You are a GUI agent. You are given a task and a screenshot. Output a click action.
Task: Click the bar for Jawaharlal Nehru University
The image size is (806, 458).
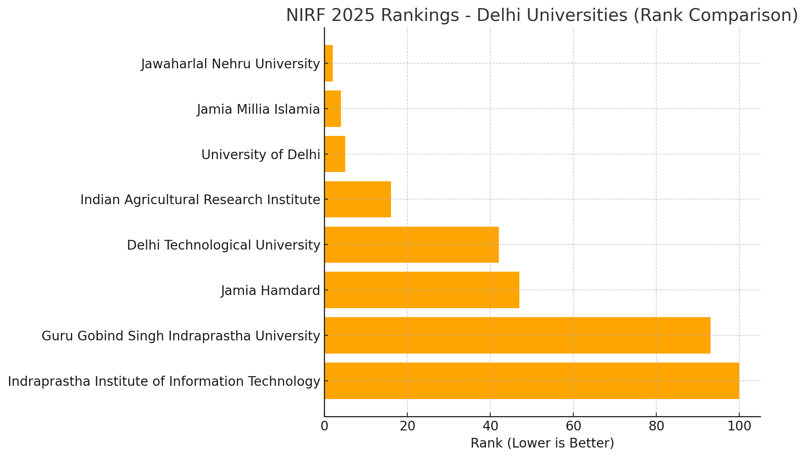[329, 63]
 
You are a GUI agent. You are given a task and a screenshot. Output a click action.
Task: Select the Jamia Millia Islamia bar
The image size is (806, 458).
[333, 109]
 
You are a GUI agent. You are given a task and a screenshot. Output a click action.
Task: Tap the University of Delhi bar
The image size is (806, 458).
[335, 154]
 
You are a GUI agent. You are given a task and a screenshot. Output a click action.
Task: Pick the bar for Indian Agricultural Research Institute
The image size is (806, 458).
[358, 199]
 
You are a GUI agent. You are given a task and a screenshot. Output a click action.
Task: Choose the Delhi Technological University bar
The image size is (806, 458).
[412, 245]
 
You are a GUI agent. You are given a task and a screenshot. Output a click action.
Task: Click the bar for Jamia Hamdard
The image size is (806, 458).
[422, 290]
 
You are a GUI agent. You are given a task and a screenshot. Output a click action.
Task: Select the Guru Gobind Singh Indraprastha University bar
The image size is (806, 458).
[517, 335]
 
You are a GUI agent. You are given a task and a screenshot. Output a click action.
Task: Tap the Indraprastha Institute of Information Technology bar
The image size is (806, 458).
[532, 381]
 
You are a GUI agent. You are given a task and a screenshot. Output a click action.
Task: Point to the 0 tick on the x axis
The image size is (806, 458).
[324, 426]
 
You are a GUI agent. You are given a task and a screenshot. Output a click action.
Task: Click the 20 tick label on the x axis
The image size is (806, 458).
[407, 426]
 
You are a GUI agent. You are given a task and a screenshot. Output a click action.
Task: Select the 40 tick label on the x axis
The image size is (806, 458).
[490, 426]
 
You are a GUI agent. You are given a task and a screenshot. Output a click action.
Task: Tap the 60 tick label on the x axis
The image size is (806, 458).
[573, 426]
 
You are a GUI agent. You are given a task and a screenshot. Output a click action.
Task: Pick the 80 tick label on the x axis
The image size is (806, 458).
[656, 426]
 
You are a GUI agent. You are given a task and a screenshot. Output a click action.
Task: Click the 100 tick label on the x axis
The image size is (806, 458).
[739, 426]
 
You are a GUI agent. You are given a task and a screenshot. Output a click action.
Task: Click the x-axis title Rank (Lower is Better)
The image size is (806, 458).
[542, 443]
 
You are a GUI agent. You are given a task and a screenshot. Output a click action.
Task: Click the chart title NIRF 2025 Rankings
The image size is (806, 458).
[542, 16]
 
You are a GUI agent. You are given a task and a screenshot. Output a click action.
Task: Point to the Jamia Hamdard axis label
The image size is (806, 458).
[271, 290]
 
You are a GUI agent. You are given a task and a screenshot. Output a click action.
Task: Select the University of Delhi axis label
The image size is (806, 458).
[261, 154]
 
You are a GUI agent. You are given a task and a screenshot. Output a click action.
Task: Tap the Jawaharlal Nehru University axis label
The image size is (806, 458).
[230, 64]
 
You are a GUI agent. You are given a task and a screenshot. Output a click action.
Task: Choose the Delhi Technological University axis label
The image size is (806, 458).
[223, 245]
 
